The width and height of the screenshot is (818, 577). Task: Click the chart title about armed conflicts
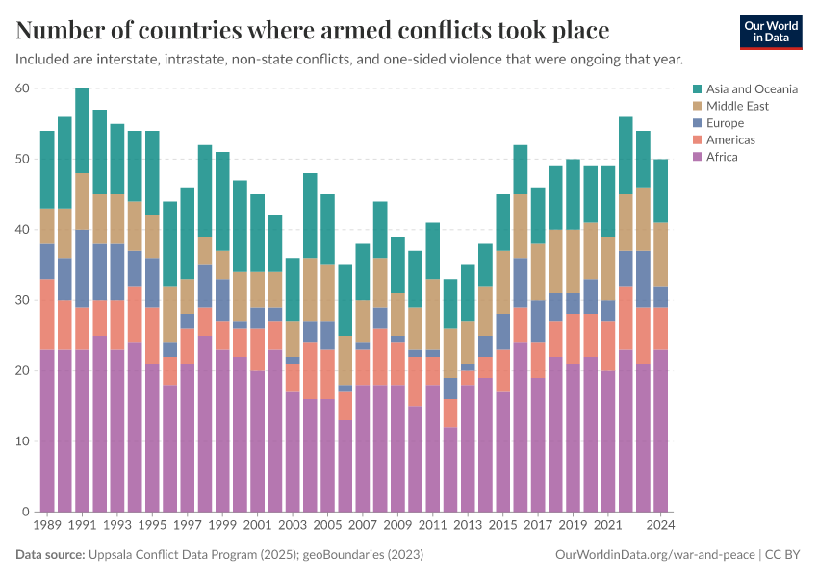[x=313, y=31]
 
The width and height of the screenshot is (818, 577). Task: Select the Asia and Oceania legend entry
[x=752, y=88]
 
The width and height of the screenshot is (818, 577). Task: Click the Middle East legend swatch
[x=698, y=106]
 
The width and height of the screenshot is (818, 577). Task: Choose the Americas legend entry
[x=730, y=140]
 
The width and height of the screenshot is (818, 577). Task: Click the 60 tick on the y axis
[x=22, y=88]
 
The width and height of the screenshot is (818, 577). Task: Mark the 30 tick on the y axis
[x=22, y=300]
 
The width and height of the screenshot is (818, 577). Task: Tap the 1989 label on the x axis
[x=48, y=526]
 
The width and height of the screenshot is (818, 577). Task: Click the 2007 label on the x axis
[x=362, y=526]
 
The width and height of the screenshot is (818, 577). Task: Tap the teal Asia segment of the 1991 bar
[x=83, y=131]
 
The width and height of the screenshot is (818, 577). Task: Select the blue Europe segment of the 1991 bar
[x=83, y=268]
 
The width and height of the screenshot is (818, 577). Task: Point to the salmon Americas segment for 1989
[x=48, y=314]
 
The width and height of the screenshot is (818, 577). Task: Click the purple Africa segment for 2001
[x=257, y=441]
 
